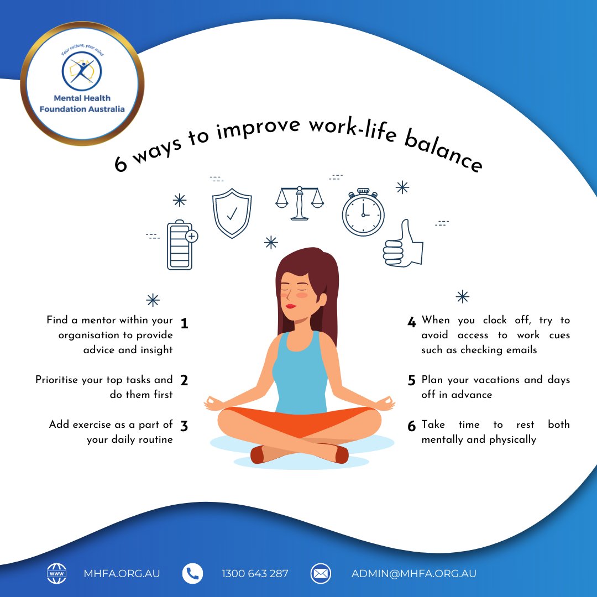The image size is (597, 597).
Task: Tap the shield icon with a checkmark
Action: coord(232,213)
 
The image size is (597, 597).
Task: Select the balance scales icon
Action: coord(300,203)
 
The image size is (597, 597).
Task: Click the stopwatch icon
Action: coord(363,213)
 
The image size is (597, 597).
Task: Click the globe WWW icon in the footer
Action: coord(56,573)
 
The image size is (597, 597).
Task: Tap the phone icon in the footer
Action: coord(192,573)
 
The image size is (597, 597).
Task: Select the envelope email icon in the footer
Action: coord(321,573)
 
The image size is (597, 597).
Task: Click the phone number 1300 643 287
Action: coord(255,573)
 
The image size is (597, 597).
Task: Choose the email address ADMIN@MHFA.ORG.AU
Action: coord(414,573)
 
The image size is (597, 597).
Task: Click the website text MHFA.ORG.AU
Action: coord(122,573)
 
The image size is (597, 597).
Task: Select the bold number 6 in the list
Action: coord(411,427)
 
